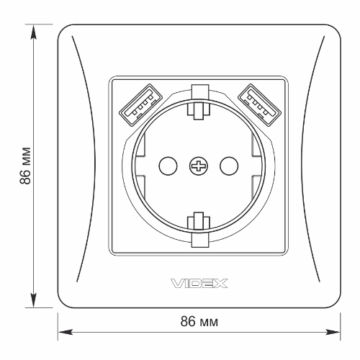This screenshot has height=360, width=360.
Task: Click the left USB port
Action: tap(140, 104)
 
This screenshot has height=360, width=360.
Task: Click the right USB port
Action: tap(259, 104)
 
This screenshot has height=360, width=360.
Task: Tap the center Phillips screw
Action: tap(199, 166)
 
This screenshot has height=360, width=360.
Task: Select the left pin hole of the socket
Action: tap(168, 166)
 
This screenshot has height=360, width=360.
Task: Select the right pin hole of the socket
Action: tap(229, 166)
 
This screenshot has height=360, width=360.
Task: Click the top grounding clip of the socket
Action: tap(199, 102)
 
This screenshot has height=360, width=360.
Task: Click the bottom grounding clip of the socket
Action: tap(199, 230)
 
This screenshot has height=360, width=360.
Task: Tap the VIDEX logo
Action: tap(199, 283)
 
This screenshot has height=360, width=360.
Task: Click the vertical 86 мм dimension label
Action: tap(25, 166)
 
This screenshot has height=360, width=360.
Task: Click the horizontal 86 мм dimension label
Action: tap(199, 322)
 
